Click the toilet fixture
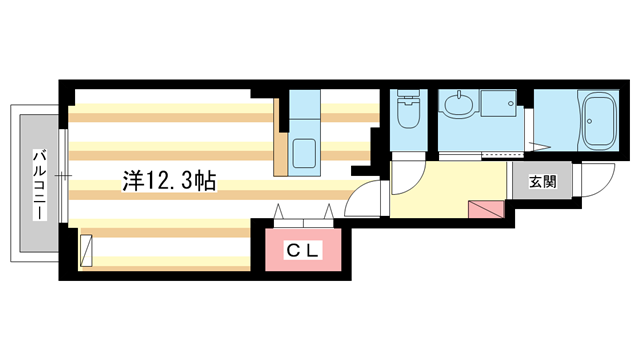(409, 116)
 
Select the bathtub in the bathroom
(602, 122)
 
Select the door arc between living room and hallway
(367, 197)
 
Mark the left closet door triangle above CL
(279, 212)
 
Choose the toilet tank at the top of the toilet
(408, 97)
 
